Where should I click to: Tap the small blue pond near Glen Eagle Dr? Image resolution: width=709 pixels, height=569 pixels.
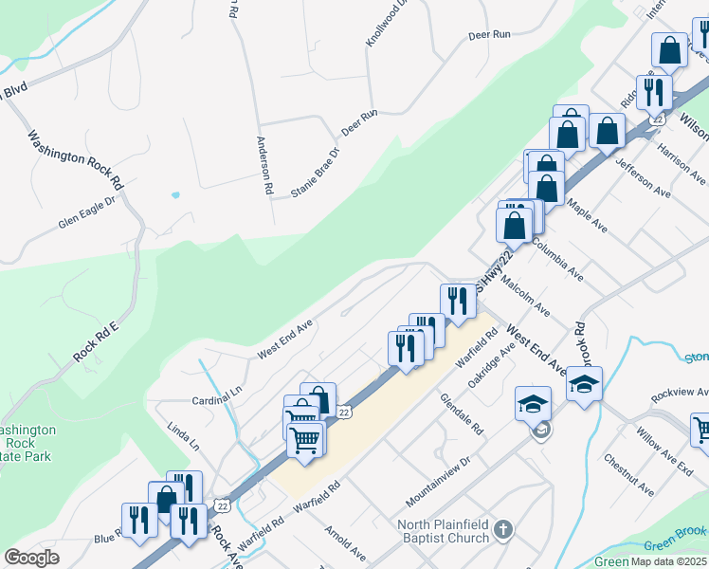click(x=175, y=195)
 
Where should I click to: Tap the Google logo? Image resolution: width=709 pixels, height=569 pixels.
click(x=32, y=557)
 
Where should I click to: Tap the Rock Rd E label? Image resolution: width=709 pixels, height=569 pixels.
click(x=95, y=343)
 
